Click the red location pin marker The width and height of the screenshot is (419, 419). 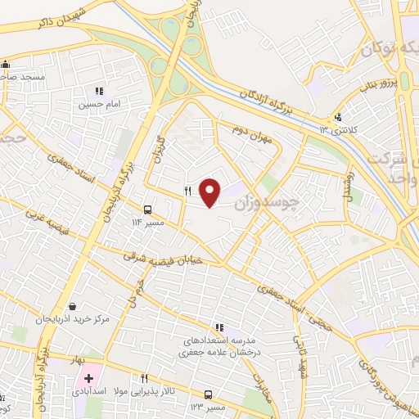point(210,191)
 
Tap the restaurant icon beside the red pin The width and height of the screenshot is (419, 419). point(187,191)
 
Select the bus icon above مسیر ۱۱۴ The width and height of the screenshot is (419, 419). point(148,209)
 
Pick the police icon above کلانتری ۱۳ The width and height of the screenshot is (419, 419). point(339,117)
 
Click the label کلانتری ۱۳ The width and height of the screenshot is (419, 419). point(336,129)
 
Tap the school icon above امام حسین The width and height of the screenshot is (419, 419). point(99,92)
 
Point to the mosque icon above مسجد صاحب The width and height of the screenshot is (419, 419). point(5,64)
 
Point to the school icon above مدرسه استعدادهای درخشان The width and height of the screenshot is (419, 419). point(219,328)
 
